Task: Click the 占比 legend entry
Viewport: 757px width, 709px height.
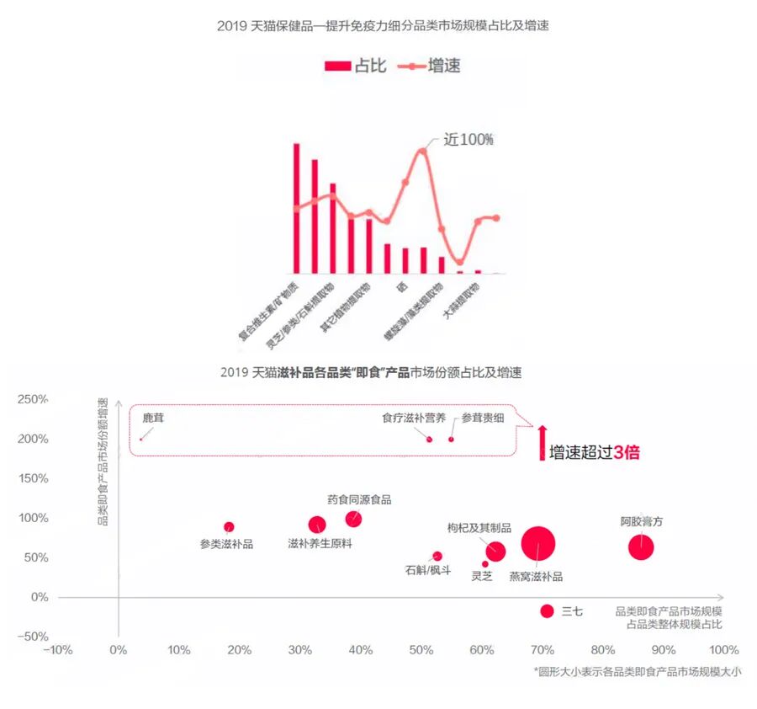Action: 356,66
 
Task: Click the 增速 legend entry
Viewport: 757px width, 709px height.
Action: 428,66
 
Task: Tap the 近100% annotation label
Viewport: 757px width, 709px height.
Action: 468,140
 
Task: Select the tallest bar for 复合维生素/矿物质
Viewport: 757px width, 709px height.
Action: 296,208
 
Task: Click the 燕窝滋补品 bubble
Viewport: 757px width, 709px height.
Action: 538,544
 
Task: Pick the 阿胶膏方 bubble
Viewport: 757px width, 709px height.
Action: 641,546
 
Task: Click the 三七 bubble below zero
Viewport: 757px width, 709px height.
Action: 547,611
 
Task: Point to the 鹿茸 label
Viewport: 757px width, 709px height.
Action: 153,418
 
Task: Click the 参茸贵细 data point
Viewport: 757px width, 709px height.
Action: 451,439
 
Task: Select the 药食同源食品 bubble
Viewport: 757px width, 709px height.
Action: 353,519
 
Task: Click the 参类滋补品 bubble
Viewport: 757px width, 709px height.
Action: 229,527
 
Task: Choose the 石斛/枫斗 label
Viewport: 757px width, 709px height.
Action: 428,571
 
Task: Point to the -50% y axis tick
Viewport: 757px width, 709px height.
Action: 32,636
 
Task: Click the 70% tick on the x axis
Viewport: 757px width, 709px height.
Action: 541,650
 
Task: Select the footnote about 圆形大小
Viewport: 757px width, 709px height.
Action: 637,671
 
